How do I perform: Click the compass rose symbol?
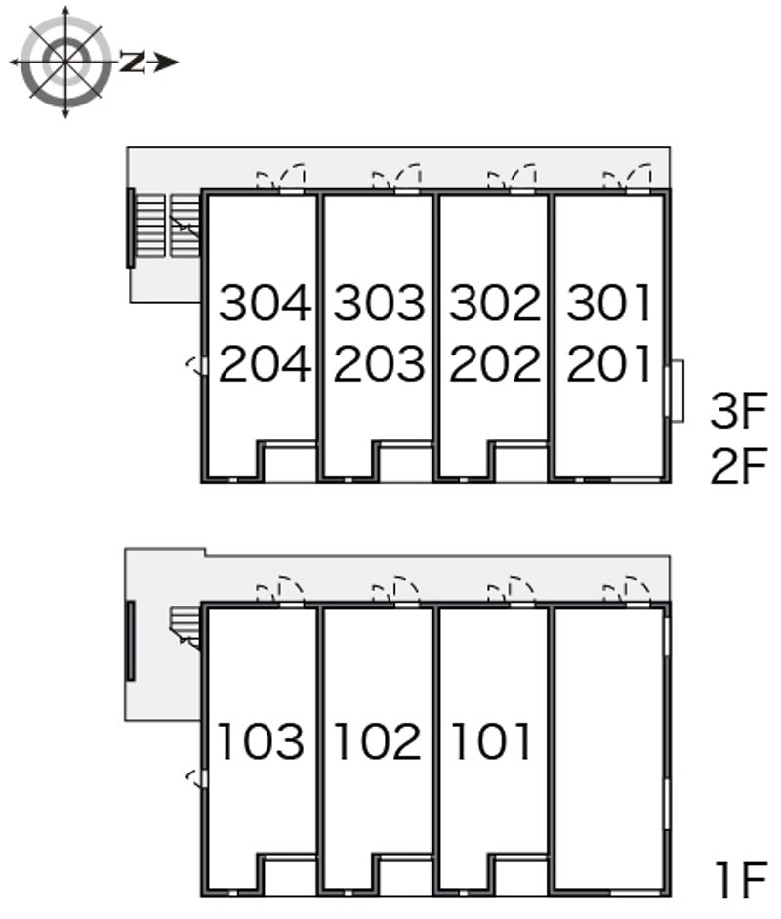(x=65, y=62)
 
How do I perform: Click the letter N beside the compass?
(x=133, y=63)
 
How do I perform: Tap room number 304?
(x=265, y=303)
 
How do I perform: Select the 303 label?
(x=379, y=303)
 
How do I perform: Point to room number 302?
(x=495, y=303)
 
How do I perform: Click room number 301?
(x=609, y=303)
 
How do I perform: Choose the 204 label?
(x=265, y=363)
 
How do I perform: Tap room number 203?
(x=379, y=363)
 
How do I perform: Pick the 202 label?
(x=495, y=363)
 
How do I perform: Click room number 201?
(x=609, y=363)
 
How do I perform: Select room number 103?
(x=261, y=741)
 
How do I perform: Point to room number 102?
(x=378, y=741)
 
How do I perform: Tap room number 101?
(x=491, y=741)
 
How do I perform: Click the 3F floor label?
(x=738, y=411)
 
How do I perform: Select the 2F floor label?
(x=738, y=466)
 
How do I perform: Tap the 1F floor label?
(x=741, y=880)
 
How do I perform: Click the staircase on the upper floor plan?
(x=165, y=227)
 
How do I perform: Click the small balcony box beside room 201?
(x=677, y=391)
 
